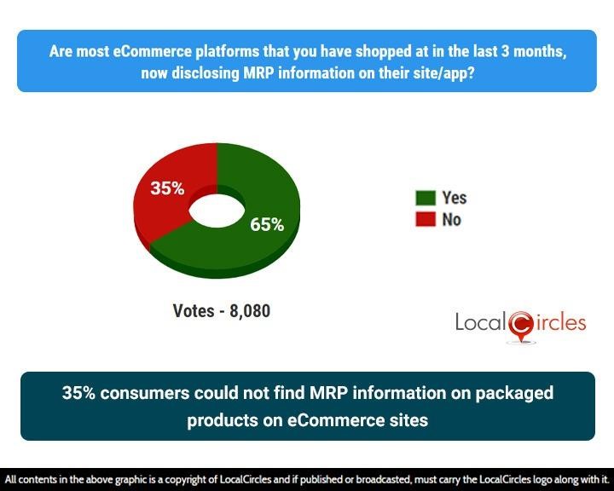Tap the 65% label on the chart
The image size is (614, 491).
[x=266, y=225]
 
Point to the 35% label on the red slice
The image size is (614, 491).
[x=167, y=188]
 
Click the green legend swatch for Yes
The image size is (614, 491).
[x=426, y=198]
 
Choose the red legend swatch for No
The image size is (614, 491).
[x=426, y=220]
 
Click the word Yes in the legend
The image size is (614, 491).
[x=455, y=198]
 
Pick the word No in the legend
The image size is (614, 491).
[x=452, y=220]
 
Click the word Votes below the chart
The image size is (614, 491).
[x=193, y=311]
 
